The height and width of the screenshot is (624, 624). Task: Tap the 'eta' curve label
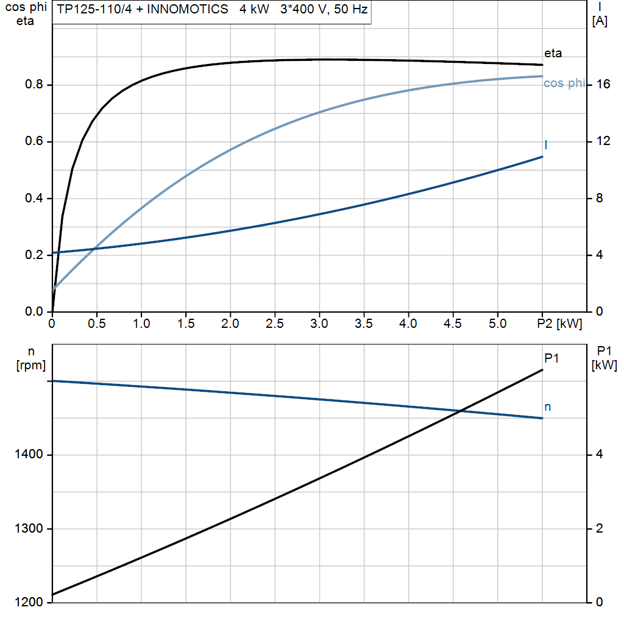tap(553, 53)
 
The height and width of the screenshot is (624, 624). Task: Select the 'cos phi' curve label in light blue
tap(564, 83)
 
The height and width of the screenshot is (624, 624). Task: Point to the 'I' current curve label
tap(545, 144)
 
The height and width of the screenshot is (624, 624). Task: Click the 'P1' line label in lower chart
tap(551, 358)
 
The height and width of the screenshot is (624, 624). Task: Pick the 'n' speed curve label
tap(547, 406)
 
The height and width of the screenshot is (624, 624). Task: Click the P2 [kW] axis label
tap(558, 324)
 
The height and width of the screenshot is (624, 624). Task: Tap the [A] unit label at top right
tap(599, 21)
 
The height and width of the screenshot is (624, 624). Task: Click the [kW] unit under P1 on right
tap(604, 365)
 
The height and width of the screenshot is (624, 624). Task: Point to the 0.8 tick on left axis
tap(34, 85)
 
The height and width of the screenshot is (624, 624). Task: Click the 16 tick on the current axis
tap(603, 85)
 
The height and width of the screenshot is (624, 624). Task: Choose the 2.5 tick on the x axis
tap(275, 324)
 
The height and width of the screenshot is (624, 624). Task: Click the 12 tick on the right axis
tap(603, 141)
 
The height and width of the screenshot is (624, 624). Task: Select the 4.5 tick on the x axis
tap(453, 324)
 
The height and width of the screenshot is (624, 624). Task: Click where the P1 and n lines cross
tap(461, 411)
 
